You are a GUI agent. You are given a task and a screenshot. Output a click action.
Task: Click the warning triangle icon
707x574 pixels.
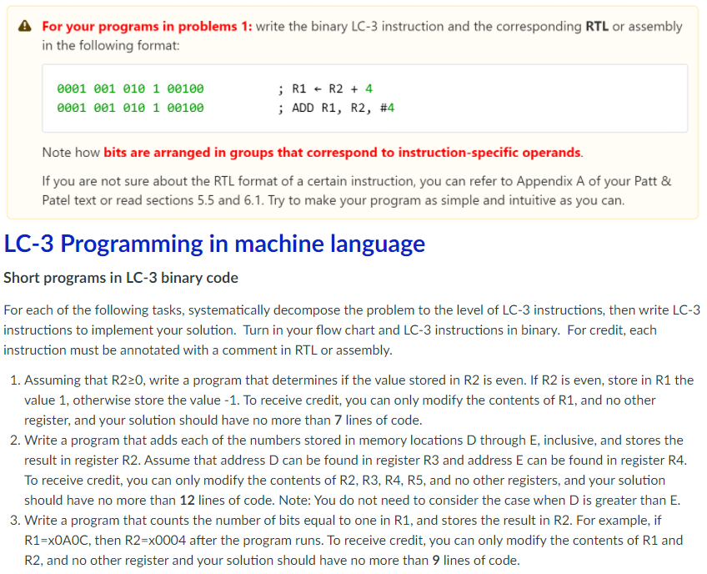[x=25, y=26]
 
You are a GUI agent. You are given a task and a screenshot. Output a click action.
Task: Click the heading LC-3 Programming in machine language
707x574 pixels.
[x=214, y=244]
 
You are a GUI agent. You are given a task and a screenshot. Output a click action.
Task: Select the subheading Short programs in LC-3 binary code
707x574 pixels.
[x=121, y=278]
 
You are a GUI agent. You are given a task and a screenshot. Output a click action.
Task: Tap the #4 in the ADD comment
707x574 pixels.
[x=387, y=108]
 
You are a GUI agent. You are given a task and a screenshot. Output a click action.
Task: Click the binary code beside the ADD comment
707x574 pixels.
[x=130, y=108]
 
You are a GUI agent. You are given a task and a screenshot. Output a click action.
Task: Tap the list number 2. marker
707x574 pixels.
[x=17, y=440]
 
